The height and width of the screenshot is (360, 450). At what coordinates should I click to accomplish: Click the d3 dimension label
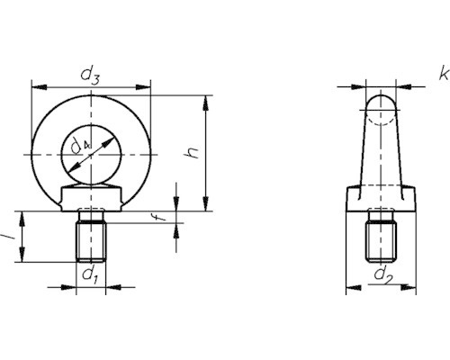pyautogui.click(x=90, y=76)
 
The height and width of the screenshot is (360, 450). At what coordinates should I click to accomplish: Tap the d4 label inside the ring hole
pyautogui.click(x=80, y=147)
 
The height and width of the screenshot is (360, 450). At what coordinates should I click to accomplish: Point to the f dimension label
pyautogui.click(x=161, y=215)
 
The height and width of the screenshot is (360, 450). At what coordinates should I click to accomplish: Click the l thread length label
pyautogui.click(x=8, y=237)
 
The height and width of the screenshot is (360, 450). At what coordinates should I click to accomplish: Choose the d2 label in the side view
pyautogui.click(x=383, y=275)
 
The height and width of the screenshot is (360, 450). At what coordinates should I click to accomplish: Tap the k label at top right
pyautogui.click(x=444, y=74)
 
